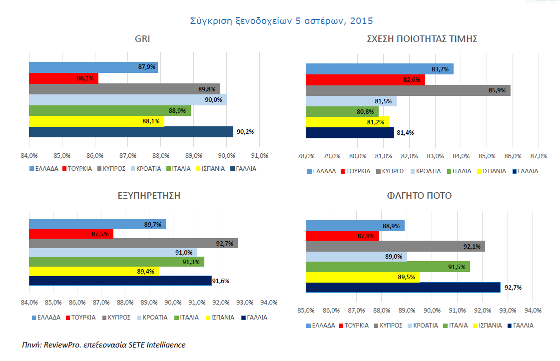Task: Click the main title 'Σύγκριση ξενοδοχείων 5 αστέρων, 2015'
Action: click(281, 21)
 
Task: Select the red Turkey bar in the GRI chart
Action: click(63, 78)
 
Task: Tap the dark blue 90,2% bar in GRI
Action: click(131, 132)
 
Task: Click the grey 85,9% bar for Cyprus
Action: click(408, 90)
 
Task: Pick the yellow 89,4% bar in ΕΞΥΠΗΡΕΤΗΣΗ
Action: click(94, 271)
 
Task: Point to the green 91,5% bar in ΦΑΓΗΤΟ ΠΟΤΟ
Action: click(388, 267)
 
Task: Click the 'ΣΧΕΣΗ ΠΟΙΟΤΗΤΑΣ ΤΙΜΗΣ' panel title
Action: click(422, 39)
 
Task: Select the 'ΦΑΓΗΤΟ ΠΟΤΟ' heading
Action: click(419, 196)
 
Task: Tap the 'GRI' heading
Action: click(142, 39)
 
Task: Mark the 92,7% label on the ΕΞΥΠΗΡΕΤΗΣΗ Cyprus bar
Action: click(226, 243)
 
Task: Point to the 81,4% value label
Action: click(405, 133)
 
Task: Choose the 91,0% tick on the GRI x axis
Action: click(259, 155)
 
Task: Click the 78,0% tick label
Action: click(306, 155)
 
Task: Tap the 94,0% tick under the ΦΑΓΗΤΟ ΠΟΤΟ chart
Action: click(533, 310)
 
